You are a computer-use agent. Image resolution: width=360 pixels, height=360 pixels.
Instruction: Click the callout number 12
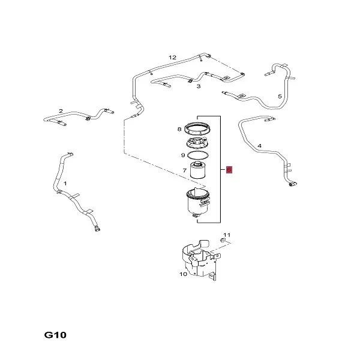173,57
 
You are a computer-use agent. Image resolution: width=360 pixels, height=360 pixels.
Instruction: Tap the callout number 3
199,86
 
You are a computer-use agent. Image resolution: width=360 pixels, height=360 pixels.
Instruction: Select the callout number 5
280,96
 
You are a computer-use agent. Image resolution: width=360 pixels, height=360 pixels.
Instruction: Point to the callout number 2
61,111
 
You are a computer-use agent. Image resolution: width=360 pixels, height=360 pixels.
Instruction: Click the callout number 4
259,146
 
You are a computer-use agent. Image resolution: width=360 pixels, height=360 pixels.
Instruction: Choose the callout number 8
179,129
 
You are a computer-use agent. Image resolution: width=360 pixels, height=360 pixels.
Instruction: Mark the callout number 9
183,155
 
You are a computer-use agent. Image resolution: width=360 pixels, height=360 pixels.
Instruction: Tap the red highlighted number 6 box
229,170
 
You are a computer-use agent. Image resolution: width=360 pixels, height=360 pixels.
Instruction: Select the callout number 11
227,235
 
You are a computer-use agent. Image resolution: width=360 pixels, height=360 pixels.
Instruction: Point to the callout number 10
183,274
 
